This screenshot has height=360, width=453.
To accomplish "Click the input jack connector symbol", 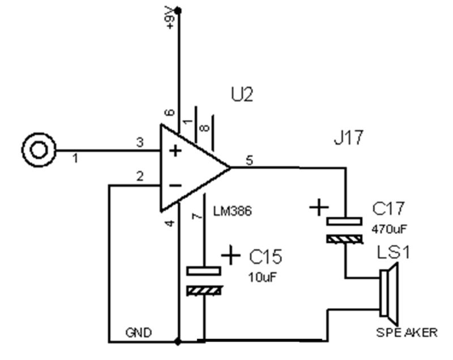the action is [x=39, y=150].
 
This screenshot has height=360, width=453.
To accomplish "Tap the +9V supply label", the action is [x=170, y=18].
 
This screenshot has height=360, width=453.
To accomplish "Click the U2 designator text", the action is [x=242, y=95].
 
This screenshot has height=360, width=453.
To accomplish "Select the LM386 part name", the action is [x=233, y=211].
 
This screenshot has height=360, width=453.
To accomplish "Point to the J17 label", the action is [x=348, y=138].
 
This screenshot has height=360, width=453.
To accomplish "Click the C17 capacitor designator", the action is [x=388, y=208].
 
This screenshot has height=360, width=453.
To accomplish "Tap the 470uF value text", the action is [x=389, y=229].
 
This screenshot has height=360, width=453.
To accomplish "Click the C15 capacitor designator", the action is [x=266, y=256].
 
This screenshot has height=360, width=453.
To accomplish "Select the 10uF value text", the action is [x=262, y=277].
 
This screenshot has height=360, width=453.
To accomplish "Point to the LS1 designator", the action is [x=394, y=252].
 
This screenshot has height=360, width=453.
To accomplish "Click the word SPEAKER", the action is [x=407, y=333].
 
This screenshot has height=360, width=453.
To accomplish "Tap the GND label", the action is [x=139, y=333].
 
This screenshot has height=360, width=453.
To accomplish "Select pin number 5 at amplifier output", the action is [x=249, y=160].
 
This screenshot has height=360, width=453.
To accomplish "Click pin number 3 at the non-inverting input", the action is [x=140, y=142].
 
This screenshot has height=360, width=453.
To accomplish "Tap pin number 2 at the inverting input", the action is [x=140, y=176].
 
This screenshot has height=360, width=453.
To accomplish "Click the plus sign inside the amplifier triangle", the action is [x=175, y=151].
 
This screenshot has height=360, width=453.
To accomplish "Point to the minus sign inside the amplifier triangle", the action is [x=175, y=185].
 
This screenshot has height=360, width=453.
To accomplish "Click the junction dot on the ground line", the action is [x=178, y=342].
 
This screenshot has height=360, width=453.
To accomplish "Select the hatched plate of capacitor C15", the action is [x=204, y=290].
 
